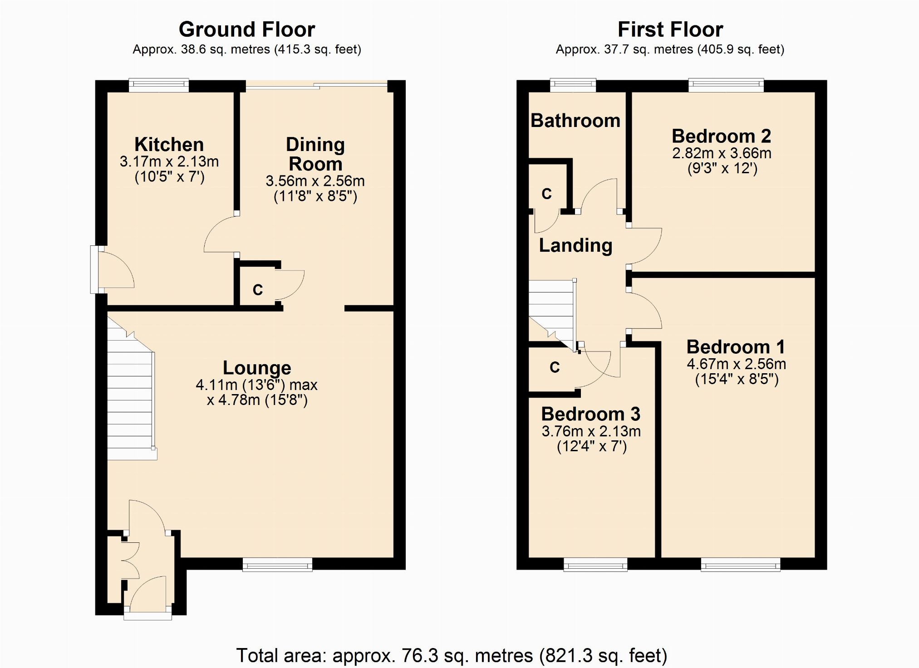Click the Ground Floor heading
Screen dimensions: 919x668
[x=247, y=29]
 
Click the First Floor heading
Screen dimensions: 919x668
[x=670, y=29]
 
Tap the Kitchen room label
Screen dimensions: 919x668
[x=169, y=144]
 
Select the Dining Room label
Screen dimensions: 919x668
[x=315, y=154]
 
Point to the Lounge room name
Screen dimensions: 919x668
[x=257, y=368]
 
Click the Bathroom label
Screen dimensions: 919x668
[x=575, y=121]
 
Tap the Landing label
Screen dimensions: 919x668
[x=575, y=245]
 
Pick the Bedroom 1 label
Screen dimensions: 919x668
[x=736, y=347]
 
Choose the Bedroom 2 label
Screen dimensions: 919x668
[x=722, y=136]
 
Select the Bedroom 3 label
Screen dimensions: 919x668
[x=591, y=414]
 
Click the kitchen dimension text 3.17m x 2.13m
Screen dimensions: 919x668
[x=169, y=161]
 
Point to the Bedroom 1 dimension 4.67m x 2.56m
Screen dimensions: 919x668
[x=737, y=364]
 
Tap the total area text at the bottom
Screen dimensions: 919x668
[x=452, y=655]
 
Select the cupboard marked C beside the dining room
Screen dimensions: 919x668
[x=257, y=286]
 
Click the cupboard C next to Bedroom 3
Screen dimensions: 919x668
[x=554, y=367]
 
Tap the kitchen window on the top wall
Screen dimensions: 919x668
[x=159, y=85]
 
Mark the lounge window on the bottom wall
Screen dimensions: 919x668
[x=277, y=565]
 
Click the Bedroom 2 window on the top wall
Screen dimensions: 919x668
[x=726, y=85]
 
